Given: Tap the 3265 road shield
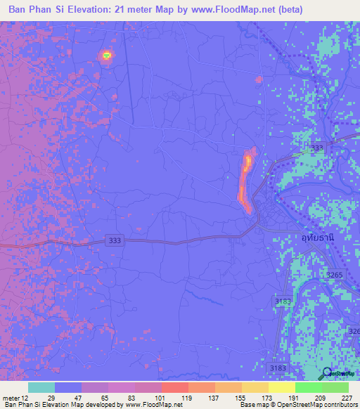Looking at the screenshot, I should [x=335, y=275].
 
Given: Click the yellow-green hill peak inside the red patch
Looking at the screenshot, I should [x=106, y=54].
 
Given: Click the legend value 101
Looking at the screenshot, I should [x=161, y=397].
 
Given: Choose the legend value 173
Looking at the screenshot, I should [x=267, y=397].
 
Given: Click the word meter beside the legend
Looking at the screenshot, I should [x=10, y=397].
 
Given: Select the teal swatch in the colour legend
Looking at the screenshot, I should [x=41, y=387].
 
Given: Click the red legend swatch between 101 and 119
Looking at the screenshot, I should [x=174, y=387].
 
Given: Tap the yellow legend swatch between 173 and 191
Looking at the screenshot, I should [x=281, y=387].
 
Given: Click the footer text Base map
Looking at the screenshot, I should [x=250, y=405].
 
